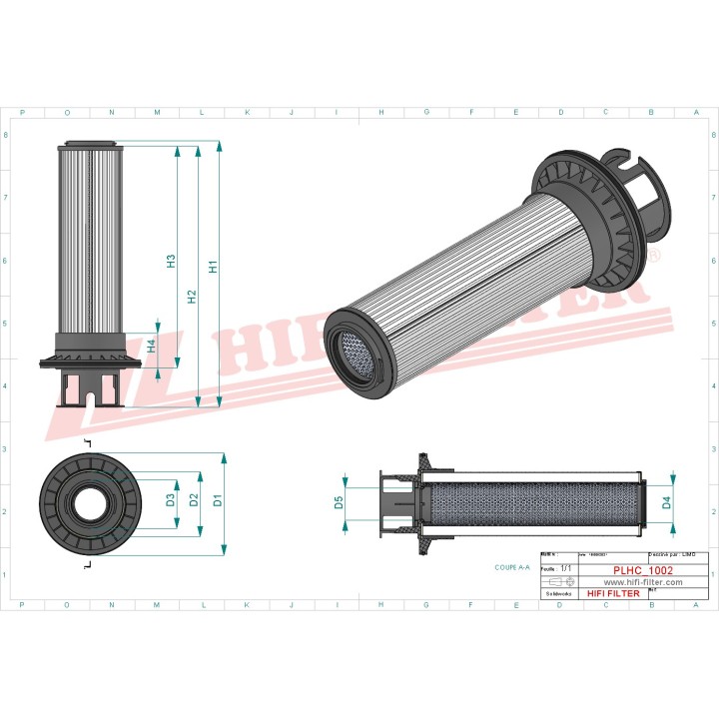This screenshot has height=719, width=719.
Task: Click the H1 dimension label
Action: coord(213,267)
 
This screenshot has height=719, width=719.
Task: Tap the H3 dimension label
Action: coord(171,261)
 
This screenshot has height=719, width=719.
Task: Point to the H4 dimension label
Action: coord(151,346)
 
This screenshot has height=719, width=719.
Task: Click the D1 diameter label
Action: coord(217,499)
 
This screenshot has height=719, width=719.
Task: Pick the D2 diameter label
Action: coord(195,499)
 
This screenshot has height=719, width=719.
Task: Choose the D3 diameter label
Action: coord(171,499)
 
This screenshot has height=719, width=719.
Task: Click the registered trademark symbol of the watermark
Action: coord(654,257)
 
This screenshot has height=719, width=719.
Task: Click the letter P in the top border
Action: coord(22,113)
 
